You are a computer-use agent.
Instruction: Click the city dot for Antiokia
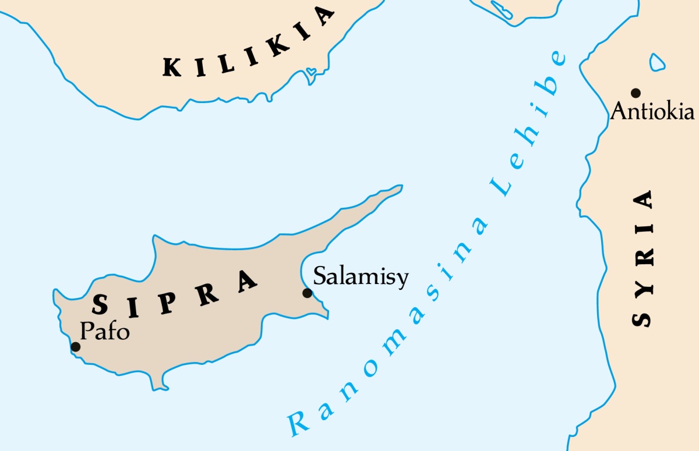636,93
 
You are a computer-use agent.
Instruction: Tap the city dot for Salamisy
307,293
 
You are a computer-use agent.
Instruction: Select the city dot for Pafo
75,347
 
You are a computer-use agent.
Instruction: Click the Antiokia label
652,111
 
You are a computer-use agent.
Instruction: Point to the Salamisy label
361,276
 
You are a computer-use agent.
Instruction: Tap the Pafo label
104,331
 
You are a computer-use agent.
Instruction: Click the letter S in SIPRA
101,304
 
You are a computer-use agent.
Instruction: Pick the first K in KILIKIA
172,68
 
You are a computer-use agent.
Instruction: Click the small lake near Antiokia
657,61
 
